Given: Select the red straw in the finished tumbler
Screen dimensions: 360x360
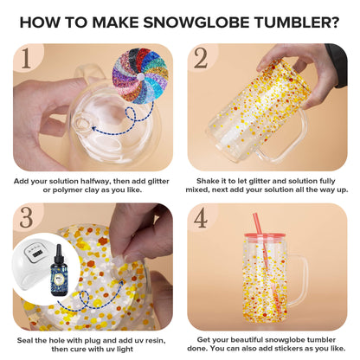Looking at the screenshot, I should [x=262, y=260].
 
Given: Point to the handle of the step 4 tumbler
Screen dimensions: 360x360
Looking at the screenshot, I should [x=320, y=277].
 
